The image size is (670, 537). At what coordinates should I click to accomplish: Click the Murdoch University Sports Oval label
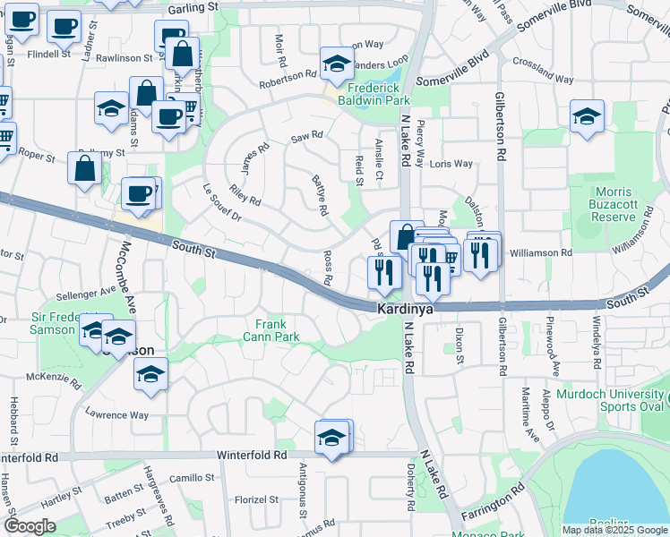613,400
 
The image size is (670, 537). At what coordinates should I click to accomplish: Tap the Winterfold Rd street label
254,456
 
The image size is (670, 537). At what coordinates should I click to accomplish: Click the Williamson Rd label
541,253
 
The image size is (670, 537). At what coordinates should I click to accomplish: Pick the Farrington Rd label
493,504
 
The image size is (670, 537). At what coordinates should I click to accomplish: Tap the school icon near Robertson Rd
337,64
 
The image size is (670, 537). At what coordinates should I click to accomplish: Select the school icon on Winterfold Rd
331,439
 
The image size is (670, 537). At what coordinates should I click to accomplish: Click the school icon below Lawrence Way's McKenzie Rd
151,375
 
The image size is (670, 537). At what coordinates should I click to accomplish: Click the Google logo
30,526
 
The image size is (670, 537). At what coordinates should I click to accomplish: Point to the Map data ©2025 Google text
614,530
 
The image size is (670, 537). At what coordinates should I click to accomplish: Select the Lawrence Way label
116,415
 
